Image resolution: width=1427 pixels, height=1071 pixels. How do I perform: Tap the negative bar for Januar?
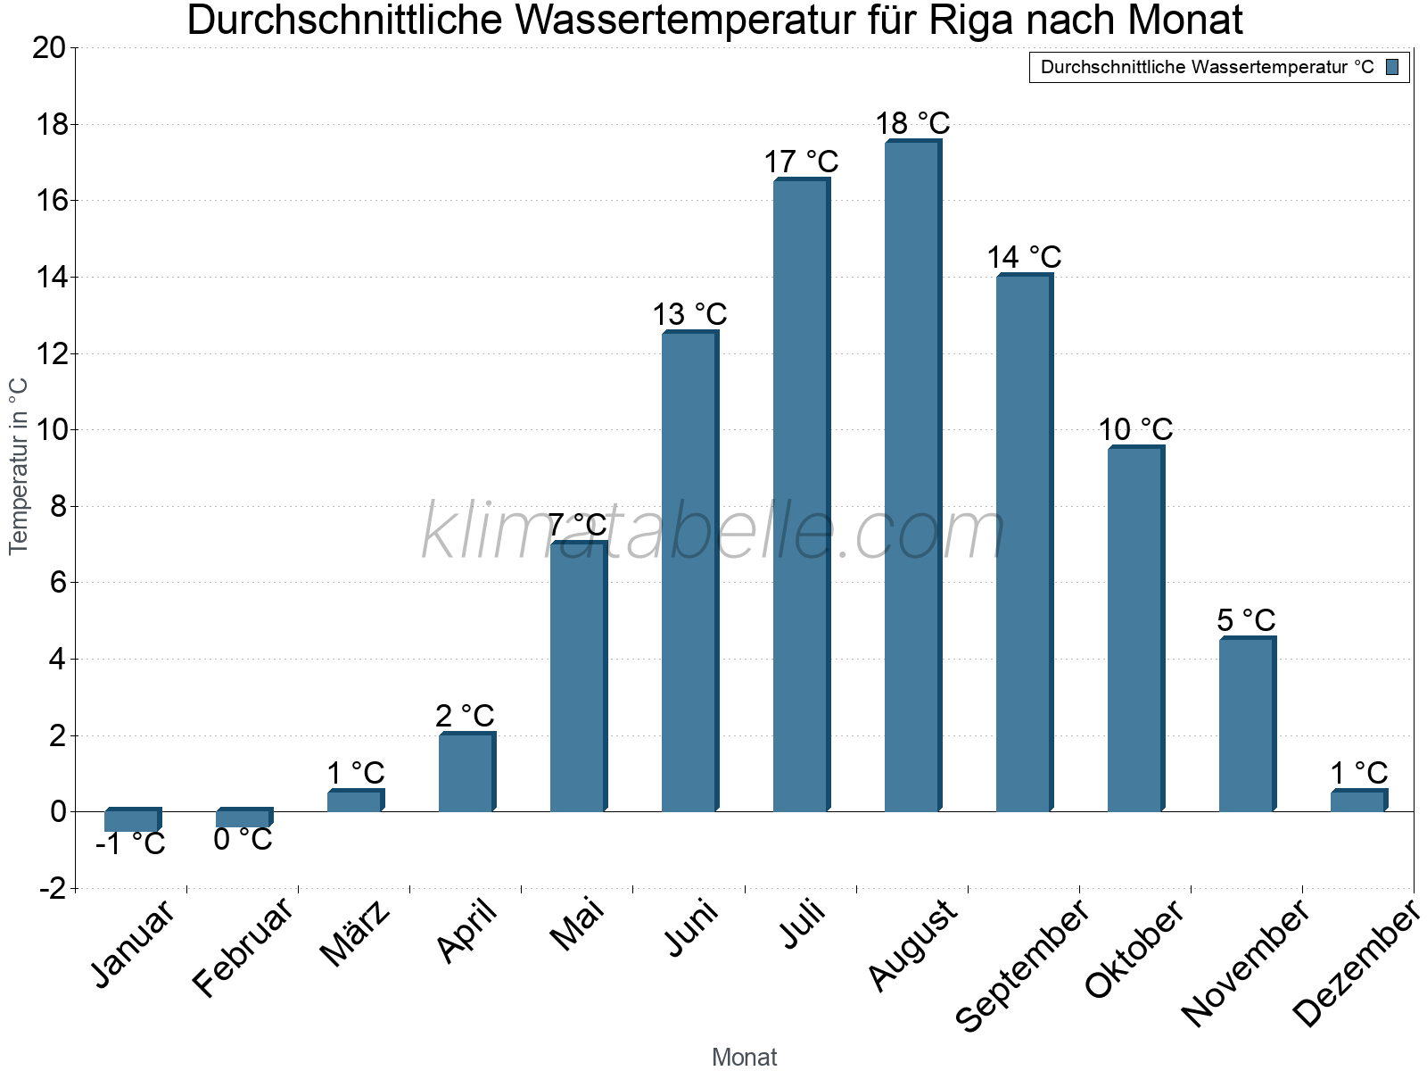click(131, 820)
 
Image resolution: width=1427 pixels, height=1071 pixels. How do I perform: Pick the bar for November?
click(1246, 725)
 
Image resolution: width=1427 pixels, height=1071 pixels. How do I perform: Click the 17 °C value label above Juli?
click(801, 162)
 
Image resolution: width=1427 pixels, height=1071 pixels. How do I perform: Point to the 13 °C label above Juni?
click(689, 315)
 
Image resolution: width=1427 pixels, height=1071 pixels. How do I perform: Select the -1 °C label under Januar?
click(130, 843)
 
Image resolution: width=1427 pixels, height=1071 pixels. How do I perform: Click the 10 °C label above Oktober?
click(1134, 430)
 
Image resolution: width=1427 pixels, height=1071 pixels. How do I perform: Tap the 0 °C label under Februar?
click(243, 840)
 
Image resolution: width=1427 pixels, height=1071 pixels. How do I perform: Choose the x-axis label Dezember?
click(1357, 964)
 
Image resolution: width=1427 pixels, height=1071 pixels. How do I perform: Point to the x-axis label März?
click(355, 934)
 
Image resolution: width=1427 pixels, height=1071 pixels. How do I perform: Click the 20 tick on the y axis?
click(49, 48)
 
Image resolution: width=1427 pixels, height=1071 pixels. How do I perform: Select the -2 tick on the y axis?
click(52, 889)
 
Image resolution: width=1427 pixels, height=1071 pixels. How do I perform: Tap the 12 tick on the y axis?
click(49, 354)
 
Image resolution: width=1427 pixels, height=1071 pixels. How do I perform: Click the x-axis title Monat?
click(744, 1058)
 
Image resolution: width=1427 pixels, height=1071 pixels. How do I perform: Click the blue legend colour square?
click(1392, 67)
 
